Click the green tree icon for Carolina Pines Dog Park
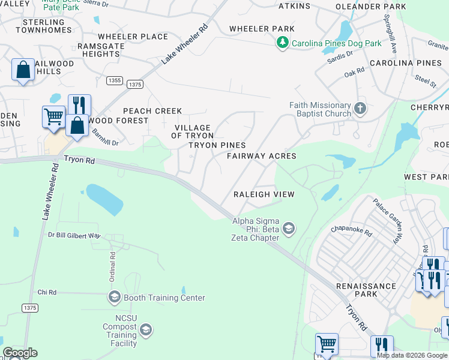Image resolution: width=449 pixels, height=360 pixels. coord(283,43)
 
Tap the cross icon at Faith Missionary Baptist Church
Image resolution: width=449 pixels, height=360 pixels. coord(360,109)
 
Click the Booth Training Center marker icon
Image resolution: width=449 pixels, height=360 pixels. coord(114,297)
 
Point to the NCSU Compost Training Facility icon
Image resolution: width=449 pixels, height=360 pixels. coord(145,329)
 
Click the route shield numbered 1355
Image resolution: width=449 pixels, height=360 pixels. coord(115,80)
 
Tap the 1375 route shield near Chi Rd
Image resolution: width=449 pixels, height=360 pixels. coord(29,308)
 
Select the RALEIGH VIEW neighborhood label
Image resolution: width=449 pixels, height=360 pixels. coord(264,194)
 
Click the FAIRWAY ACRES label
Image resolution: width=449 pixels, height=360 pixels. coord(261,156)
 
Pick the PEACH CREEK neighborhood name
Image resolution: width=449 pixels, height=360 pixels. coord(152,111)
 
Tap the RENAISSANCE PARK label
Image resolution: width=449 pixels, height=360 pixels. coord(366,290)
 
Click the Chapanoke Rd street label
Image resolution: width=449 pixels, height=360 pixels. coord(351,230)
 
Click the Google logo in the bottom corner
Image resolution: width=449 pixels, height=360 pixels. coord(20,353)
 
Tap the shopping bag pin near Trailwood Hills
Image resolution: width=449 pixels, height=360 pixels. coord(23,70)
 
